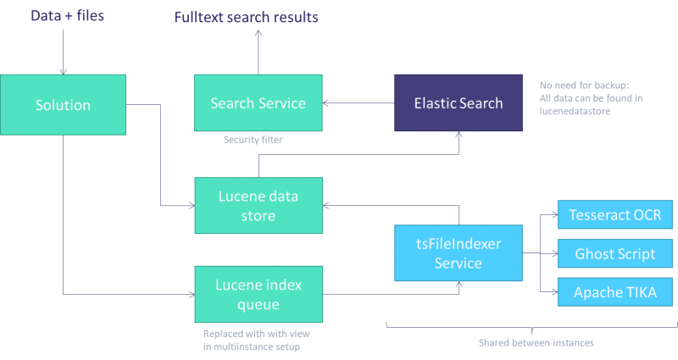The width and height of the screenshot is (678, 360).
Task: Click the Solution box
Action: [63, 105]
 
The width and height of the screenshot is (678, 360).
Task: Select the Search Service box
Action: [258, 103]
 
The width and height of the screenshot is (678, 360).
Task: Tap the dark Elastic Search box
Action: [458, 103]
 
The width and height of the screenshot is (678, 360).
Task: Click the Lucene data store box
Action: [258, 205]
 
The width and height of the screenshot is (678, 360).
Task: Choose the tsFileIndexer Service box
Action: [457, 252]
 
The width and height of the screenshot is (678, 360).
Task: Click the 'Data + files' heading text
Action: [68, 15]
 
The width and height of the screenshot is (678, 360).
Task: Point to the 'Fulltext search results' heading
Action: [246, 17]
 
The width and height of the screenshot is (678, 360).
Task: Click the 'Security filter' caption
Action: [253, 141]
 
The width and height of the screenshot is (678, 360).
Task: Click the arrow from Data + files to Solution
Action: [63, 51]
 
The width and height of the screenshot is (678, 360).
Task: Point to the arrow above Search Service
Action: [258, 51]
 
